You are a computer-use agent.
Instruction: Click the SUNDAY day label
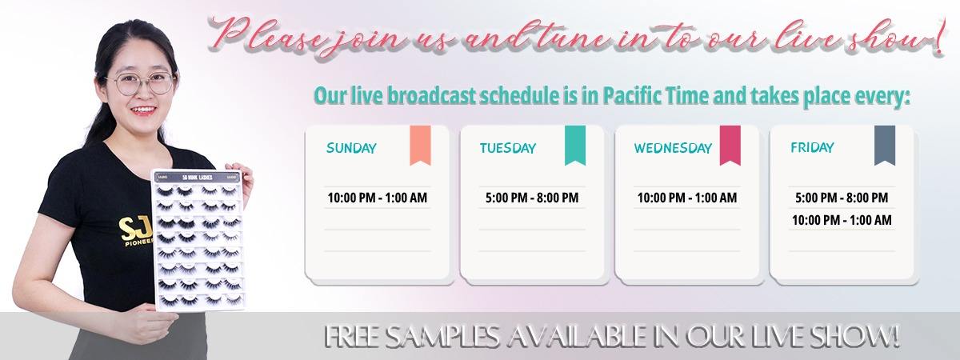pos(351,148)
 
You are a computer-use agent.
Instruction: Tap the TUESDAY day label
pos(508,148)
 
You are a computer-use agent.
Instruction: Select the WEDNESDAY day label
pos(673,148)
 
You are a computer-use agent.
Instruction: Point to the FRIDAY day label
pos(812,147)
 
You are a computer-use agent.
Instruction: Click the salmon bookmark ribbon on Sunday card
pos(420,145)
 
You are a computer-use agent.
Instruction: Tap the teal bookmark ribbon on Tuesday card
pos(575,145)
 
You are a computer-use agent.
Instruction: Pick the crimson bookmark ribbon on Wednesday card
pos(730,145)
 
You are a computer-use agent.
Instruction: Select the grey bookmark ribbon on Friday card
pos(885,145)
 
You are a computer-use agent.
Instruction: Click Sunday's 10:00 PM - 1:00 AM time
pos(377,198)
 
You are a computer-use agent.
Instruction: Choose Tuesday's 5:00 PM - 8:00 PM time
pos(532,198)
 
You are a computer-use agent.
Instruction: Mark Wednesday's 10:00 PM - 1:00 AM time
pos(687,198)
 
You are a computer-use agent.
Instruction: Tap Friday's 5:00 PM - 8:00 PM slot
pos(842,198)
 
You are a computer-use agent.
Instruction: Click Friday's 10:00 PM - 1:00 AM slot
pos(842,220)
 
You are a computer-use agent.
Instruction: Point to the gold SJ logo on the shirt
pos(135,230)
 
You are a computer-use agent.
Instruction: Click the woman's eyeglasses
pos(141,82)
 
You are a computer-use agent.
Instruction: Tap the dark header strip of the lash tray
pos(197,177)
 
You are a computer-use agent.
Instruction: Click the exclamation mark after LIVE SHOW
pos(892,337)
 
